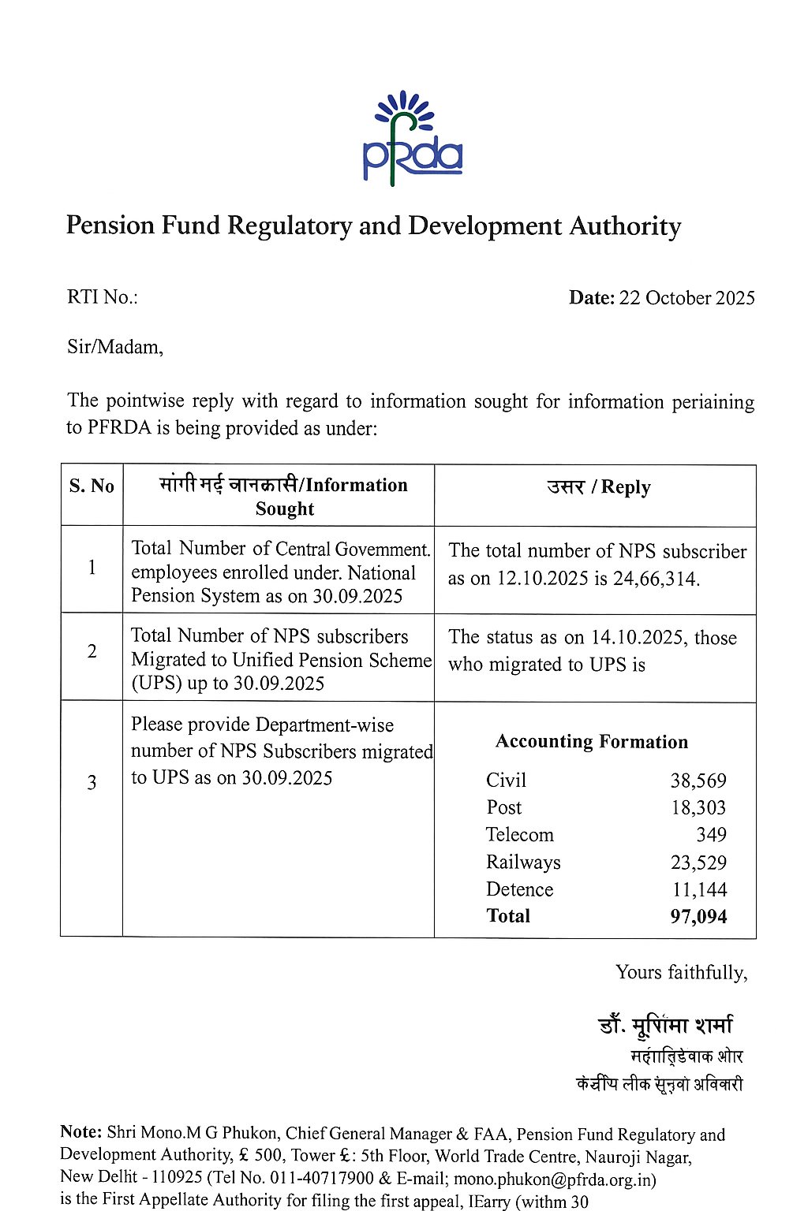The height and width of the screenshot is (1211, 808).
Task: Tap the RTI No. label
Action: point(102,297)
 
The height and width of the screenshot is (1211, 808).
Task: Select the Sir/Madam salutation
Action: point(115,347)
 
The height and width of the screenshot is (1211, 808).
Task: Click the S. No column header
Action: point(92,486)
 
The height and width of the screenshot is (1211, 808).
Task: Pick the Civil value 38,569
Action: point(698,781)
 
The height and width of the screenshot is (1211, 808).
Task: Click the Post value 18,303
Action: point(698,807)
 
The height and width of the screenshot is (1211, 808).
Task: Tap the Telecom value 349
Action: point(711,834)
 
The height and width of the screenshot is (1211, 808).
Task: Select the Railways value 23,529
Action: point(698,863)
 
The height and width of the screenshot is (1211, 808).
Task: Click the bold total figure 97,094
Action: point(698,917)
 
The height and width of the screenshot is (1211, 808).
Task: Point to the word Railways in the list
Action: point(523,863)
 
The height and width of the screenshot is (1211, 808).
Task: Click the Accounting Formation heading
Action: point(592,742)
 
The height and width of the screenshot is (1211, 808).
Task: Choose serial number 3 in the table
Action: point(92,782)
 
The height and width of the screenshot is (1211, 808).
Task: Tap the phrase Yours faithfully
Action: point(681,972)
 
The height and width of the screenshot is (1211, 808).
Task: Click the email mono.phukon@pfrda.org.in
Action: point(555,1179)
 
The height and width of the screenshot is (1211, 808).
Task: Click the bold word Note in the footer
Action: point(80,1132)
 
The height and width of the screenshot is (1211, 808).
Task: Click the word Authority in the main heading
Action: point(625,226)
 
